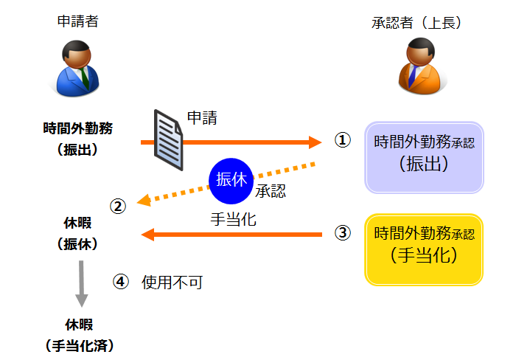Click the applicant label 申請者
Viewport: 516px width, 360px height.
click(x=77, y=21)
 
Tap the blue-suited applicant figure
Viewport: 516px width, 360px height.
click(x=77, y=67)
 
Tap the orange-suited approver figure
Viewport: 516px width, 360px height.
click(x=418, y=67)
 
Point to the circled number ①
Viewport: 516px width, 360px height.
click(x=342, y=140)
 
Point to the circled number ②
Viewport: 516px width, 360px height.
click(x=118, y=207)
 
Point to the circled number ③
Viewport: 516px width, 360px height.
click(x=342, y=233)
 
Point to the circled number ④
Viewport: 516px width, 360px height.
click(x=121, y=281)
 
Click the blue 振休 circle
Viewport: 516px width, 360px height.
click(x=231, y=180)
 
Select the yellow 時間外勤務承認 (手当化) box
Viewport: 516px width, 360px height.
click(x=424, y=249)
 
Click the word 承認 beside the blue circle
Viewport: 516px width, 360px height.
click(x=271, y=193)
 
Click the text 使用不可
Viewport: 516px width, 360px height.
click(x=172, y=282)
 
